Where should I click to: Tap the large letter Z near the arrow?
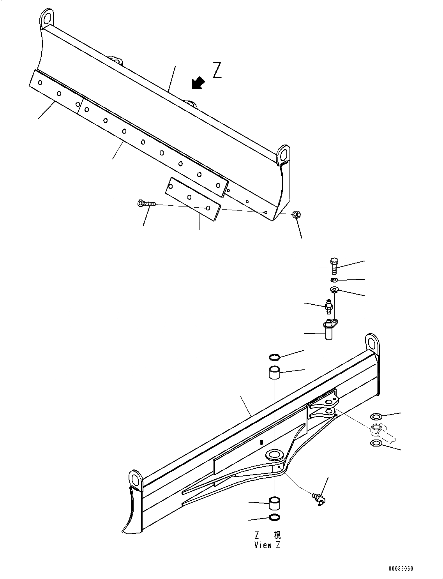tap(217, 70)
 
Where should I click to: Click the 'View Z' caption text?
tap(267, 545)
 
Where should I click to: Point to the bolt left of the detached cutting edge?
tap(147, 203)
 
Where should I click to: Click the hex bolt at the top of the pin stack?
tap(333, 266)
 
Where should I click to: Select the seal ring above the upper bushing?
tap(275, 357)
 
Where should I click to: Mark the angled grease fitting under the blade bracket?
tap(319, 499)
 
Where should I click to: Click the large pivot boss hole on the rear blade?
tap(274, 454)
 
